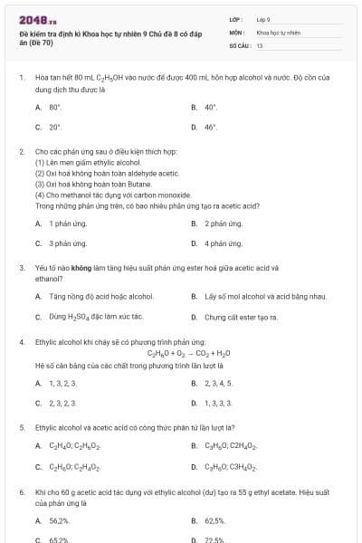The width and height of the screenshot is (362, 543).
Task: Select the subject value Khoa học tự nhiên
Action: click(277, 32)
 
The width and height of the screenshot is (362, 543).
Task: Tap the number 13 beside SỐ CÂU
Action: click(260, 44)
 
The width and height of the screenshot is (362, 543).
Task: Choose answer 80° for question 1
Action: click(55, 107)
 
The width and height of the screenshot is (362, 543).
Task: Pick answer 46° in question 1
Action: click(211, 128)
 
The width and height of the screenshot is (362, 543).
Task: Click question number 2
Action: click(22, 151)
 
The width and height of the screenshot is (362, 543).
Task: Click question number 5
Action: click(22, 426)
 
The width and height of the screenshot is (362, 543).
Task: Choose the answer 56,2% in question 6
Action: click(59, 521)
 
